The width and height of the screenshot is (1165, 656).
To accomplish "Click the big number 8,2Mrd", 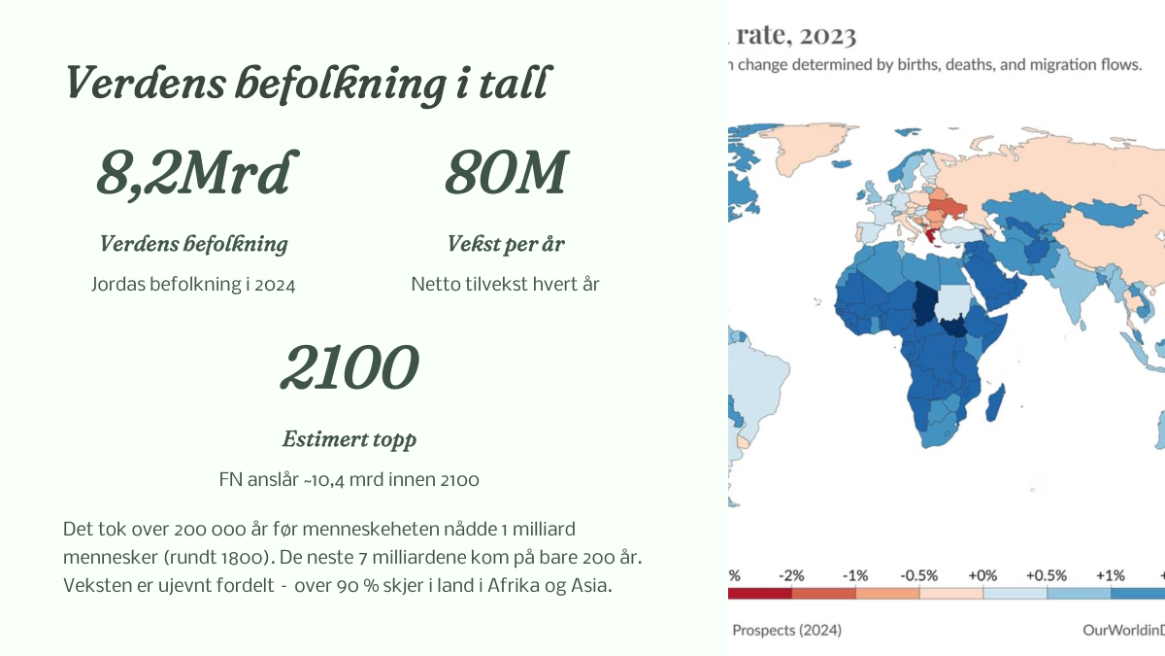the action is click(x=197, y=173).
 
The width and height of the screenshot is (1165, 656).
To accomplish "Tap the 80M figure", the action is click(x=507, y=172).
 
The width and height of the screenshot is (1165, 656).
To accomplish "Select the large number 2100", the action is click(x=349, y=367).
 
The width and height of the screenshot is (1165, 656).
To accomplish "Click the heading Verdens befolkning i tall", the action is click(x=307, y=84).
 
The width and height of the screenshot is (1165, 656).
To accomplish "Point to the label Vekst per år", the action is click(x=506, y=244).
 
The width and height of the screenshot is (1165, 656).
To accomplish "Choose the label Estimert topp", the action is click(x=349, y=440).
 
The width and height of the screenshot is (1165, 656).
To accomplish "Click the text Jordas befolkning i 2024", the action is click(x=193, y=284).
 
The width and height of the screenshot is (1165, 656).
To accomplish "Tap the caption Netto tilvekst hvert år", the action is click(x=506, y=284).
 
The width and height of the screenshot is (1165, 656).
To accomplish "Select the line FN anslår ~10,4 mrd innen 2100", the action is click(x=349, y=479).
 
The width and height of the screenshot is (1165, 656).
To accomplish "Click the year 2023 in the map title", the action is click(x=827, y=36).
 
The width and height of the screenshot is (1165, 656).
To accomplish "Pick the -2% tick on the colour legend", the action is click(x=791, y=575).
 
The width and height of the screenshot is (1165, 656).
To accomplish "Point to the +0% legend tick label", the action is click(x=982, y=575).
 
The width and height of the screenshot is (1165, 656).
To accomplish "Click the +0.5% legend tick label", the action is click(x=1047, y=575).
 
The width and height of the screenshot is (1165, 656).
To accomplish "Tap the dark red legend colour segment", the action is click(x=760, y=594).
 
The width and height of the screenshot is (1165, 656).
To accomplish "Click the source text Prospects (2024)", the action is click(x=787, y=631).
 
